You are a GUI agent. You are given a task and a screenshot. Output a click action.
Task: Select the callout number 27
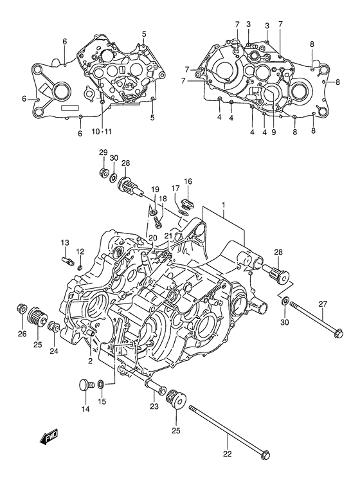coord(323,305)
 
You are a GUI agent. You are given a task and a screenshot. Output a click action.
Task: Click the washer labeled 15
coord(101,385)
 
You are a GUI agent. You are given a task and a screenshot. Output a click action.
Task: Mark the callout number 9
coord(273,132)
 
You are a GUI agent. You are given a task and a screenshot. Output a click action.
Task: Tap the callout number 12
coord(81,251)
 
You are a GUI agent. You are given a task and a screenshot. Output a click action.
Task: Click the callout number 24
coord(54,352)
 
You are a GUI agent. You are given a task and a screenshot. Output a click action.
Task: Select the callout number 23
coord(154,406)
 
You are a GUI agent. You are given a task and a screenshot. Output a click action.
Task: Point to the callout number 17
coord(174,188)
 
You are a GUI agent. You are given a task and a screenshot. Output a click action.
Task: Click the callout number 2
coord(91,361)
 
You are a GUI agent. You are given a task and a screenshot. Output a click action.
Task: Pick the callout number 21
coord(168,236)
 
